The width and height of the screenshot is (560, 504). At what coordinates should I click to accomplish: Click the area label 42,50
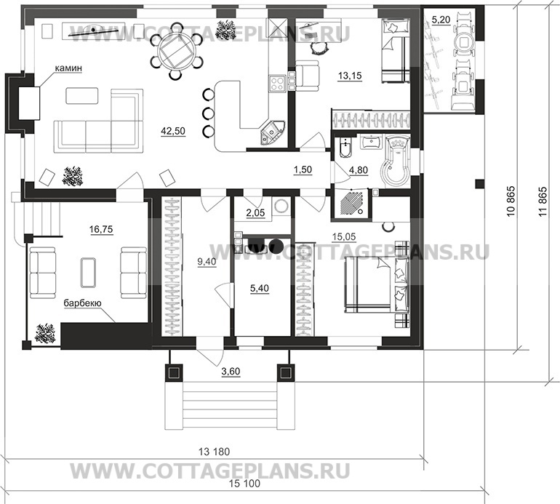coord(173,132)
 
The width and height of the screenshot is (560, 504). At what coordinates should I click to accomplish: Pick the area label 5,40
coord(258,289)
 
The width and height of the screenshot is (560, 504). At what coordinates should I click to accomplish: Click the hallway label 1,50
coord(303,170)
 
